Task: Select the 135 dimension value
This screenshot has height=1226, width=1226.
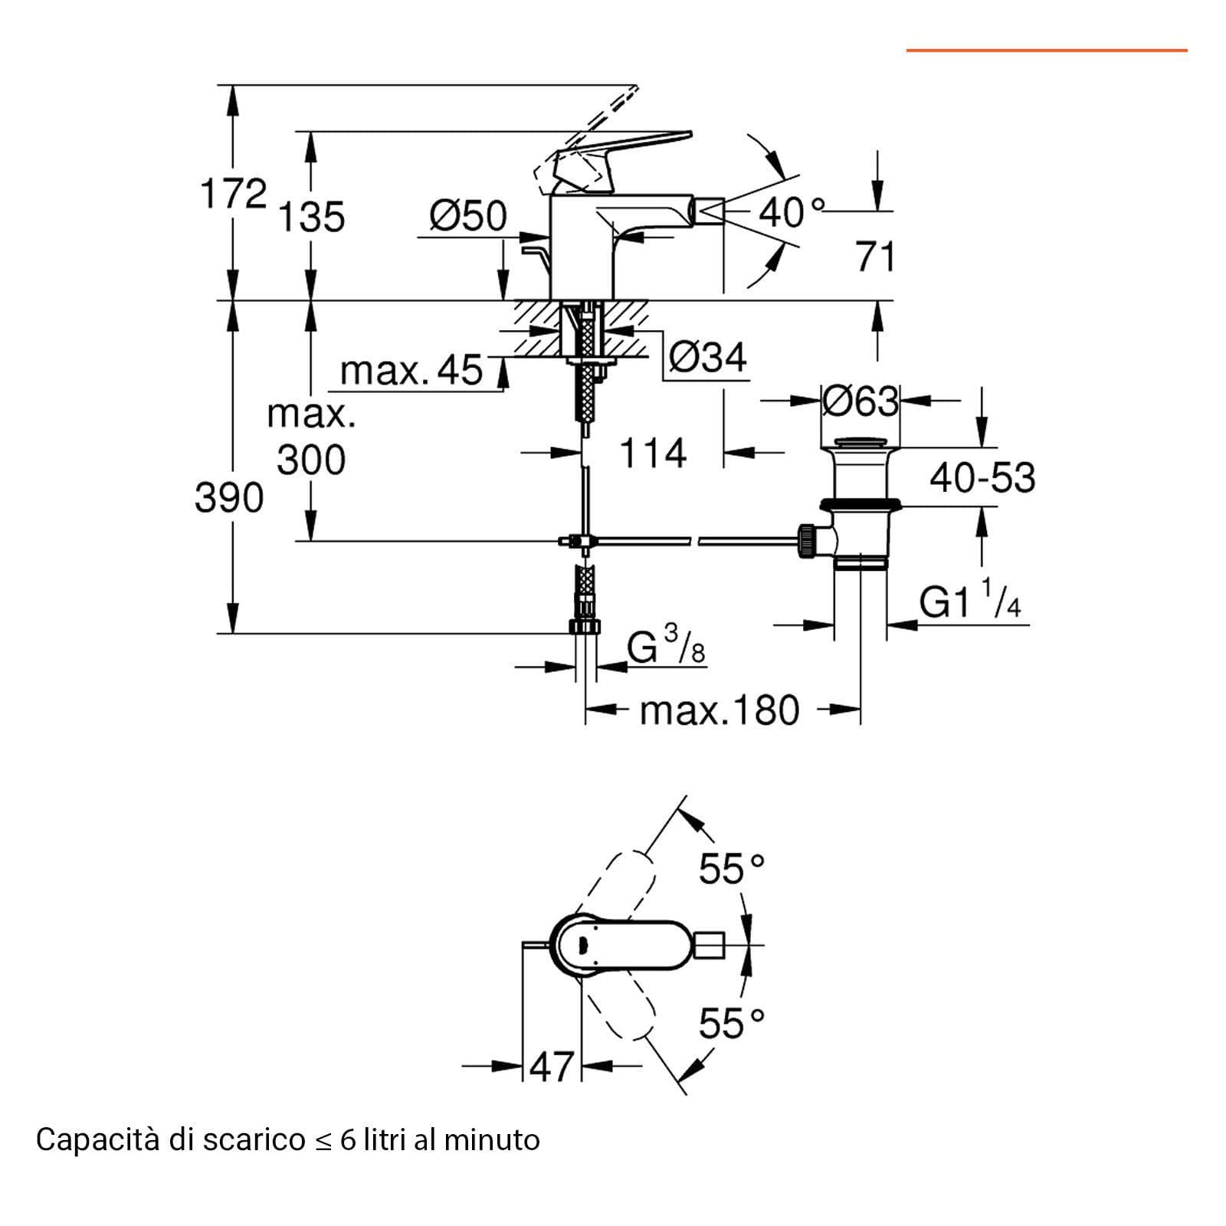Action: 311,217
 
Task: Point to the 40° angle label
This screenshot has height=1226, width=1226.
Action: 792,212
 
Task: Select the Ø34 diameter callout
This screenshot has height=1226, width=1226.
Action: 707,357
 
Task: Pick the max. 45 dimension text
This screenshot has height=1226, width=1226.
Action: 411,370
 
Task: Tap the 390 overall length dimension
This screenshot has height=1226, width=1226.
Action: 229,498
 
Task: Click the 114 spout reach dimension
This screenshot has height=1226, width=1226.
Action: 653,453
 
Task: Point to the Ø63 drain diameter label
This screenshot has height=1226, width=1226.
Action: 860,401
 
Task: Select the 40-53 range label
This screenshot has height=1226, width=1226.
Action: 982,477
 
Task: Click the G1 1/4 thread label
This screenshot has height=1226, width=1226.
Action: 970,599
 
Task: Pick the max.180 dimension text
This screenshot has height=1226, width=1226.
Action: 720,710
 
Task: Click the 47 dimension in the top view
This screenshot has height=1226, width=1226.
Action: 552,1066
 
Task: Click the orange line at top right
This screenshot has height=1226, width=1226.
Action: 1047,51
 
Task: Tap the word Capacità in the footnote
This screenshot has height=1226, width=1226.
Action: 95,1140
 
